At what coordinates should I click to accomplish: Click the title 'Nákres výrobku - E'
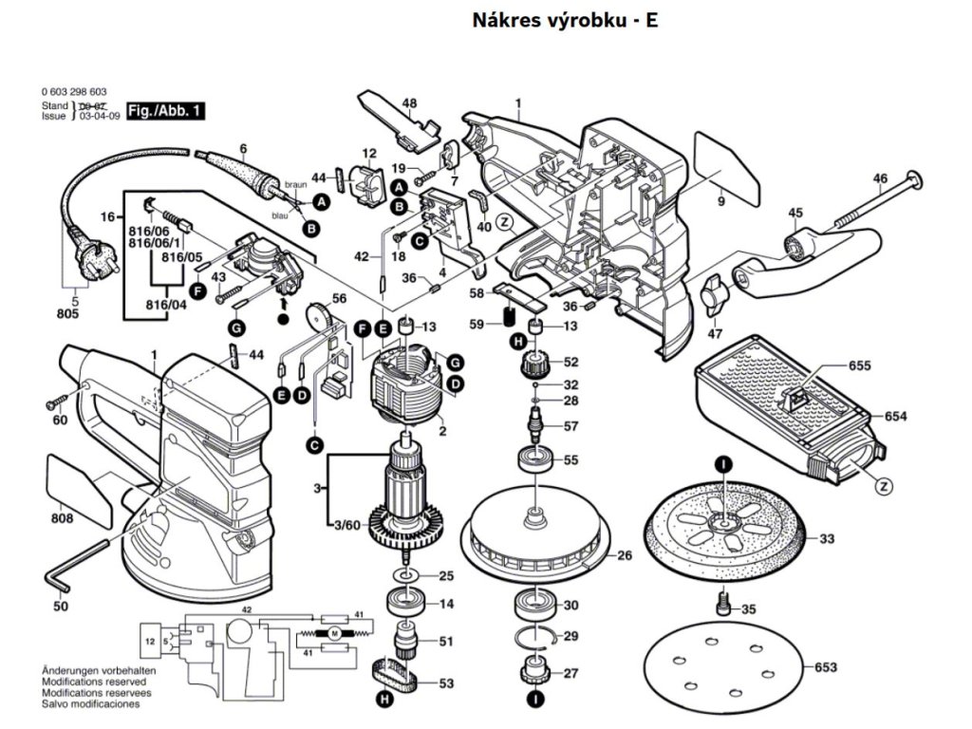pos(565,21)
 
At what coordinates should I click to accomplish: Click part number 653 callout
pos(826,668)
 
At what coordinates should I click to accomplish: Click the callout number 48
pos(409,103)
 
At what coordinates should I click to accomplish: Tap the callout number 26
pos(625,556)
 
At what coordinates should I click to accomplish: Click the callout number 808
pos(63,519)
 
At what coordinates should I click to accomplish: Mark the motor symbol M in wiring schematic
pos(334,633)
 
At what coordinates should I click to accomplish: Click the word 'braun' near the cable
pos(293,182)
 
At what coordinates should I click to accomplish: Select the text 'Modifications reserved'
pos(93,682)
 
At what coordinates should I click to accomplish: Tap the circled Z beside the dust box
pos(884,487)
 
